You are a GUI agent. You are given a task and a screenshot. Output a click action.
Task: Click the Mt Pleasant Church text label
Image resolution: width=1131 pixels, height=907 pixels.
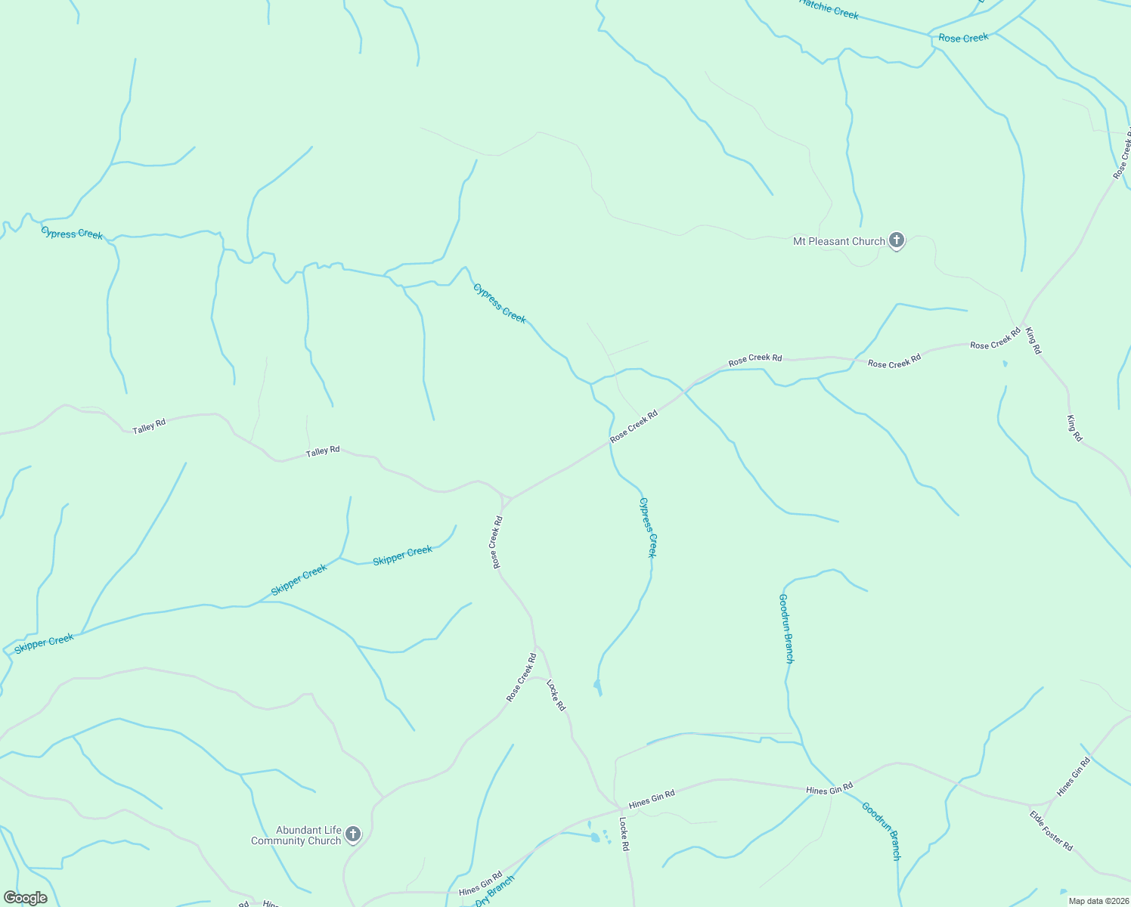tap(838, 241)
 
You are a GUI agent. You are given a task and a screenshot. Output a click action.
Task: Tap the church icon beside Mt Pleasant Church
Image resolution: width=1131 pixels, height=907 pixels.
tap(896, 241)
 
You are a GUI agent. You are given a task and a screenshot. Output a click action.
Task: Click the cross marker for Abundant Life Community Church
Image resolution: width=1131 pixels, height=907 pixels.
tap(352, 834)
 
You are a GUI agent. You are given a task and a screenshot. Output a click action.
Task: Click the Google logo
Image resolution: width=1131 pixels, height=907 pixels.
tap(25, 898)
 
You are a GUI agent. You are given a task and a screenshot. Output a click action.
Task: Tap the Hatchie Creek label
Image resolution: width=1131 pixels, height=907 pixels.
tap(829, 8)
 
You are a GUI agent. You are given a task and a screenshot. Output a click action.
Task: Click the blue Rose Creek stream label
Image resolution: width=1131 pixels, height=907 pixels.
tap(963, 38)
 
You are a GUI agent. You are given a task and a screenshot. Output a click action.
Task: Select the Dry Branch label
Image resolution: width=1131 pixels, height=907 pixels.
tap(495, 892)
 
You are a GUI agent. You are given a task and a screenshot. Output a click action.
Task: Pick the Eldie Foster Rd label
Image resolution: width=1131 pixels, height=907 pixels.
tap(1051, 831)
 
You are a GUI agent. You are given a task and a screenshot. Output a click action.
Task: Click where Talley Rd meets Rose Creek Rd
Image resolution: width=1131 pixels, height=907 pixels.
tap(505, 499)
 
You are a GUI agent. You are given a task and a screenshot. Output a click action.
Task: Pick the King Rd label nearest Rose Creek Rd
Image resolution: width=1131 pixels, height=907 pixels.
tap(1033, 341)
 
